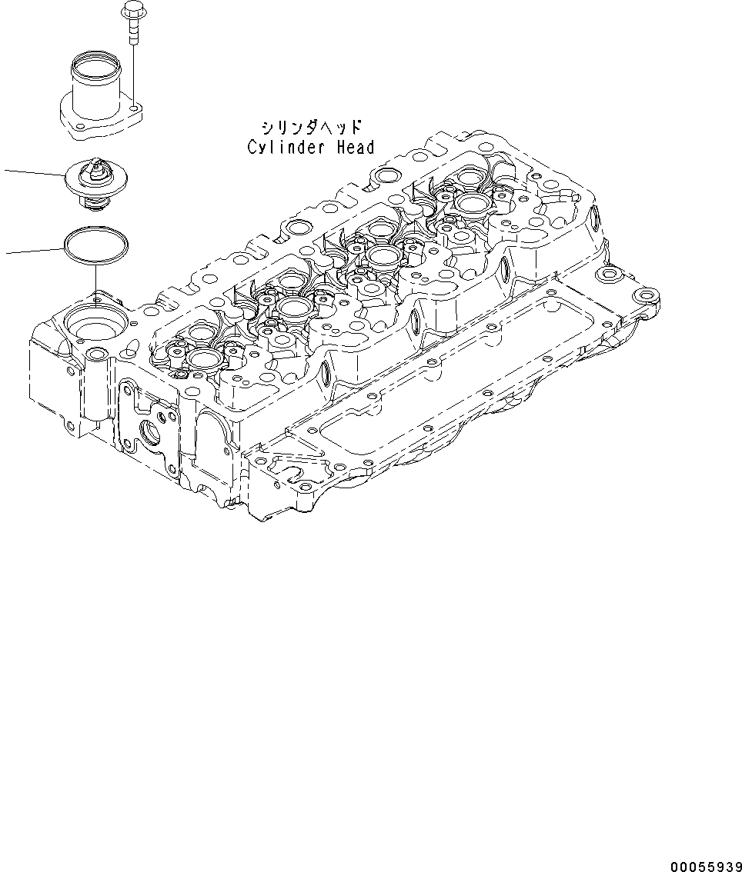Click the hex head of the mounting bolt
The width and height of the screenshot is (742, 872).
[131, 11]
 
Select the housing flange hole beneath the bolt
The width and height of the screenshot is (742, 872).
[134, 108]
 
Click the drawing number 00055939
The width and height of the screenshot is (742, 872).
[704, 866]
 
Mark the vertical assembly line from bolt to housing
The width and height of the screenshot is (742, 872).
[134, 69]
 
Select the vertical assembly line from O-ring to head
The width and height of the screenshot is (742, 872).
[95, 277]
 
